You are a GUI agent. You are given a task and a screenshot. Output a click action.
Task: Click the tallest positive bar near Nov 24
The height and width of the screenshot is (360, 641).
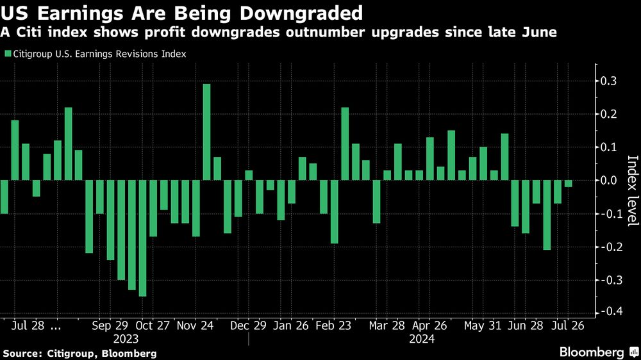(x=206, y=132)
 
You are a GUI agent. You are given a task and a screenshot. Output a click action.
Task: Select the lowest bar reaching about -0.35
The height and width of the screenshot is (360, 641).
(x=142, y=238)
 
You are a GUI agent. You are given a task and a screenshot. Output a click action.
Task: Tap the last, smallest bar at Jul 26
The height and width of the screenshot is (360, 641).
(x=569, y=184)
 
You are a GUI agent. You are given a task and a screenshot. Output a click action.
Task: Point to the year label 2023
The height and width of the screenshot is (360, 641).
(x=125, y=340)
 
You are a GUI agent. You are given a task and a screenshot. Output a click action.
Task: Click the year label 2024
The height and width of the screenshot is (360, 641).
(x=421, y=340)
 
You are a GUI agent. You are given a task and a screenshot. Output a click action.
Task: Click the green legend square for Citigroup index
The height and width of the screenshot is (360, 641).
(x=8, y=54)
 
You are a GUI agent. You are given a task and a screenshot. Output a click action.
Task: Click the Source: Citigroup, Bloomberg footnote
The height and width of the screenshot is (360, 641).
(x=80, y=353)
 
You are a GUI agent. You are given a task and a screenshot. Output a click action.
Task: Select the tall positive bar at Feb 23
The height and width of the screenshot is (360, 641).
(x=345, y=144)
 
